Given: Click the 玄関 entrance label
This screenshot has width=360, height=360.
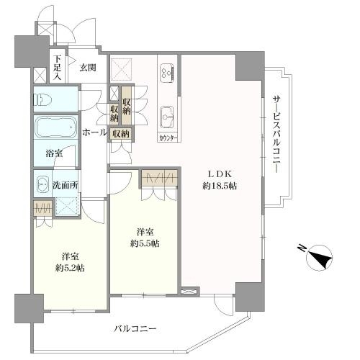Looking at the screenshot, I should pos(88,68).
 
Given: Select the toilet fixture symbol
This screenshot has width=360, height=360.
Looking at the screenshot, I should pos(45,99).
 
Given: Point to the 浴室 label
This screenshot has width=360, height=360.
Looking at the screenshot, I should pos(55,153).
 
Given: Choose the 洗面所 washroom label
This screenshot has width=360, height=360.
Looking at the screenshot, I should pos(64,185).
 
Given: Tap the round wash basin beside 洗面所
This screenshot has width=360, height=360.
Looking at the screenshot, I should pos(41,184).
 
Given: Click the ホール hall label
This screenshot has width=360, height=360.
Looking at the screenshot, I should pos(94,132).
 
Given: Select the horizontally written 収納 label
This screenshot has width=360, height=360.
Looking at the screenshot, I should pos(120,134).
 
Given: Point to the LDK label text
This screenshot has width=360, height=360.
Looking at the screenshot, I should pos(220,173).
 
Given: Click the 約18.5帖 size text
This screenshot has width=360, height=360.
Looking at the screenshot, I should pos(220,185).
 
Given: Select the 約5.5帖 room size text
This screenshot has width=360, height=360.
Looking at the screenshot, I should pos(144,243).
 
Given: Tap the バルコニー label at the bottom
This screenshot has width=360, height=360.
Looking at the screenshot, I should pos(135,328).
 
